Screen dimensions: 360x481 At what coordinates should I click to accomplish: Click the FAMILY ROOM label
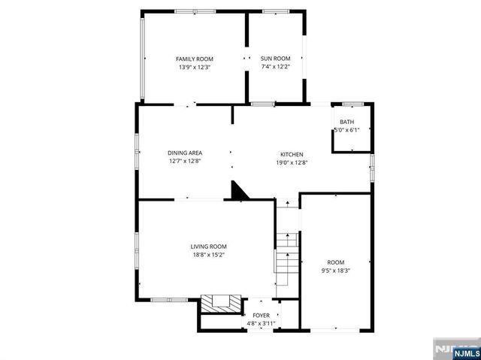click(x=195, y=59)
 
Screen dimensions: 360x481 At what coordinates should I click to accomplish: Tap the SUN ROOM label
click(x=275, y=59)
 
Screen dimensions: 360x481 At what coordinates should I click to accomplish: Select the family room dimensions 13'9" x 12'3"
click(x=195, y=67)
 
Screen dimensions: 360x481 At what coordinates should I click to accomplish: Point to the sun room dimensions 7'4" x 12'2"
click(x=275, y=67)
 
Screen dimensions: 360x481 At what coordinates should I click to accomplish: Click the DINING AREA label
click(x=184, y=153)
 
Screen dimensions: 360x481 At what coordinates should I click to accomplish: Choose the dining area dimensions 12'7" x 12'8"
click(x=184, y=161)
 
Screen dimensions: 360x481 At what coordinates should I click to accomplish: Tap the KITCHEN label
click(x=292, y=153)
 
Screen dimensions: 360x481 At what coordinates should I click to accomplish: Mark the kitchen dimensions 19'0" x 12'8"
click(x=292, y=162)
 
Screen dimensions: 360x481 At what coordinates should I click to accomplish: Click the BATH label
click(x=346, y=122)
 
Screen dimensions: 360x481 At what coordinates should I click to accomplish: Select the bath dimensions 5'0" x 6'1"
click(x=346, y=130)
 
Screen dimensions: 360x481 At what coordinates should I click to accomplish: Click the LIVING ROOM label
click(x=208, y=247)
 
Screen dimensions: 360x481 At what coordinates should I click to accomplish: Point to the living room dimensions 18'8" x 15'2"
click(x=208, y=255)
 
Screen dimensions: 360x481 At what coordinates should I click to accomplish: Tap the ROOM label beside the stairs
click(x=335, y=262)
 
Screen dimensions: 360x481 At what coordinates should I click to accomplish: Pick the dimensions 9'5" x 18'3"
click(x=335, y=271)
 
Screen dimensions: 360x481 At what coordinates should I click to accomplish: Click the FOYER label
click(x=261, y=315)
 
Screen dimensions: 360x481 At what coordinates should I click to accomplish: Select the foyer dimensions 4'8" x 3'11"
click(x=261, y=323)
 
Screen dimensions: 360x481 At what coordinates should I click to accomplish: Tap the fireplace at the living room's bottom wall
click(x=222, y=304)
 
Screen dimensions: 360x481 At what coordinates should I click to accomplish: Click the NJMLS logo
click(x=455, y=350)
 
